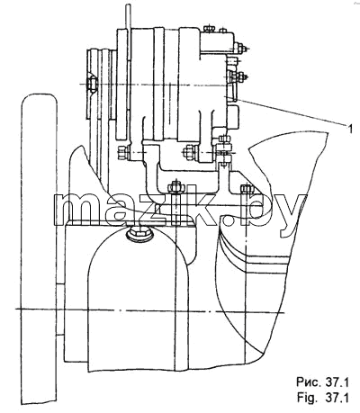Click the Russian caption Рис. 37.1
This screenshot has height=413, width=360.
(322, 382)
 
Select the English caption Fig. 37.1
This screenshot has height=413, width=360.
(322, 398)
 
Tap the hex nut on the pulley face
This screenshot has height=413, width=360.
(92, 84)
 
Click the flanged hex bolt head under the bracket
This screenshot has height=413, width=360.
(139, 233)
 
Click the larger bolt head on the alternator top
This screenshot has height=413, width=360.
(209, 29)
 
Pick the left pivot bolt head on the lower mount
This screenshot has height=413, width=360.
(123, 153)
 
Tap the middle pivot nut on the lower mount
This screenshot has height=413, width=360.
(190, 153)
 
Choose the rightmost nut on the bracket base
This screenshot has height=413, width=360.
(247, 189)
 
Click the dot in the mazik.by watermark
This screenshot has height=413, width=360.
(228, 220)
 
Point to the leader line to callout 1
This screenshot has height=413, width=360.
(291, 112)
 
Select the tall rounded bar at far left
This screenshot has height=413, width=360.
(39, 249)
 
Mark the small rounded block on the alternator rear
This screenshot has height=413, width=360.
(234, 117)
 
